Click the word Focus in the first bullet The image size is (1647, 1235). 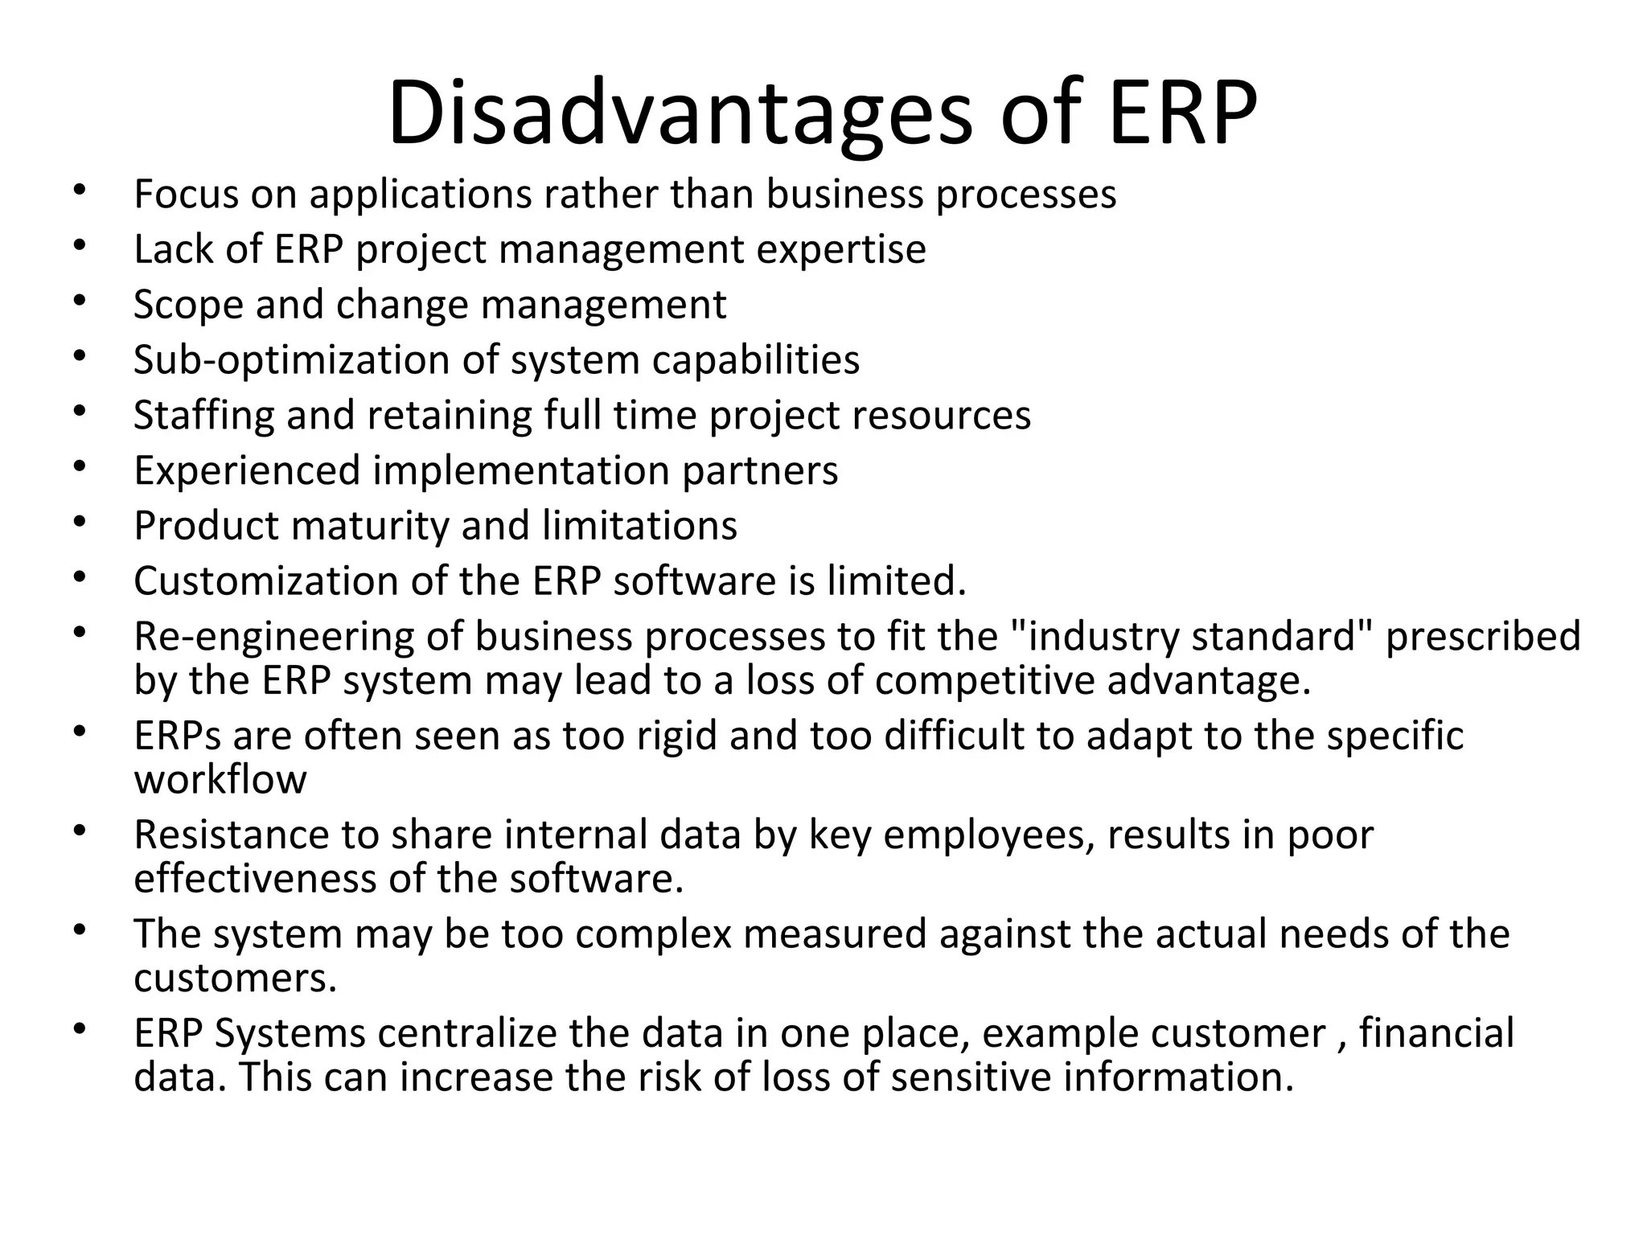[x=186, y=194]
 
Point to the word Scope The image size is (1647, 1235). [x=188, y=305]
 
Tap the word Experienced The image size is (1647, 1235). [x=246, y=470]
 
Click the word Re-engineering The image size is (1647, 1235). [x=273, y=636]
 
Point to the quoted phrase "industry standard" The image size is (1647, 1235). [x=1189, y=636]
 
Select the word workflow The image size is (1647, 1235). [x=220, y=779]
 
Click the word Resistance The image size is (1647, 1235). [x=231, y=835]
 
